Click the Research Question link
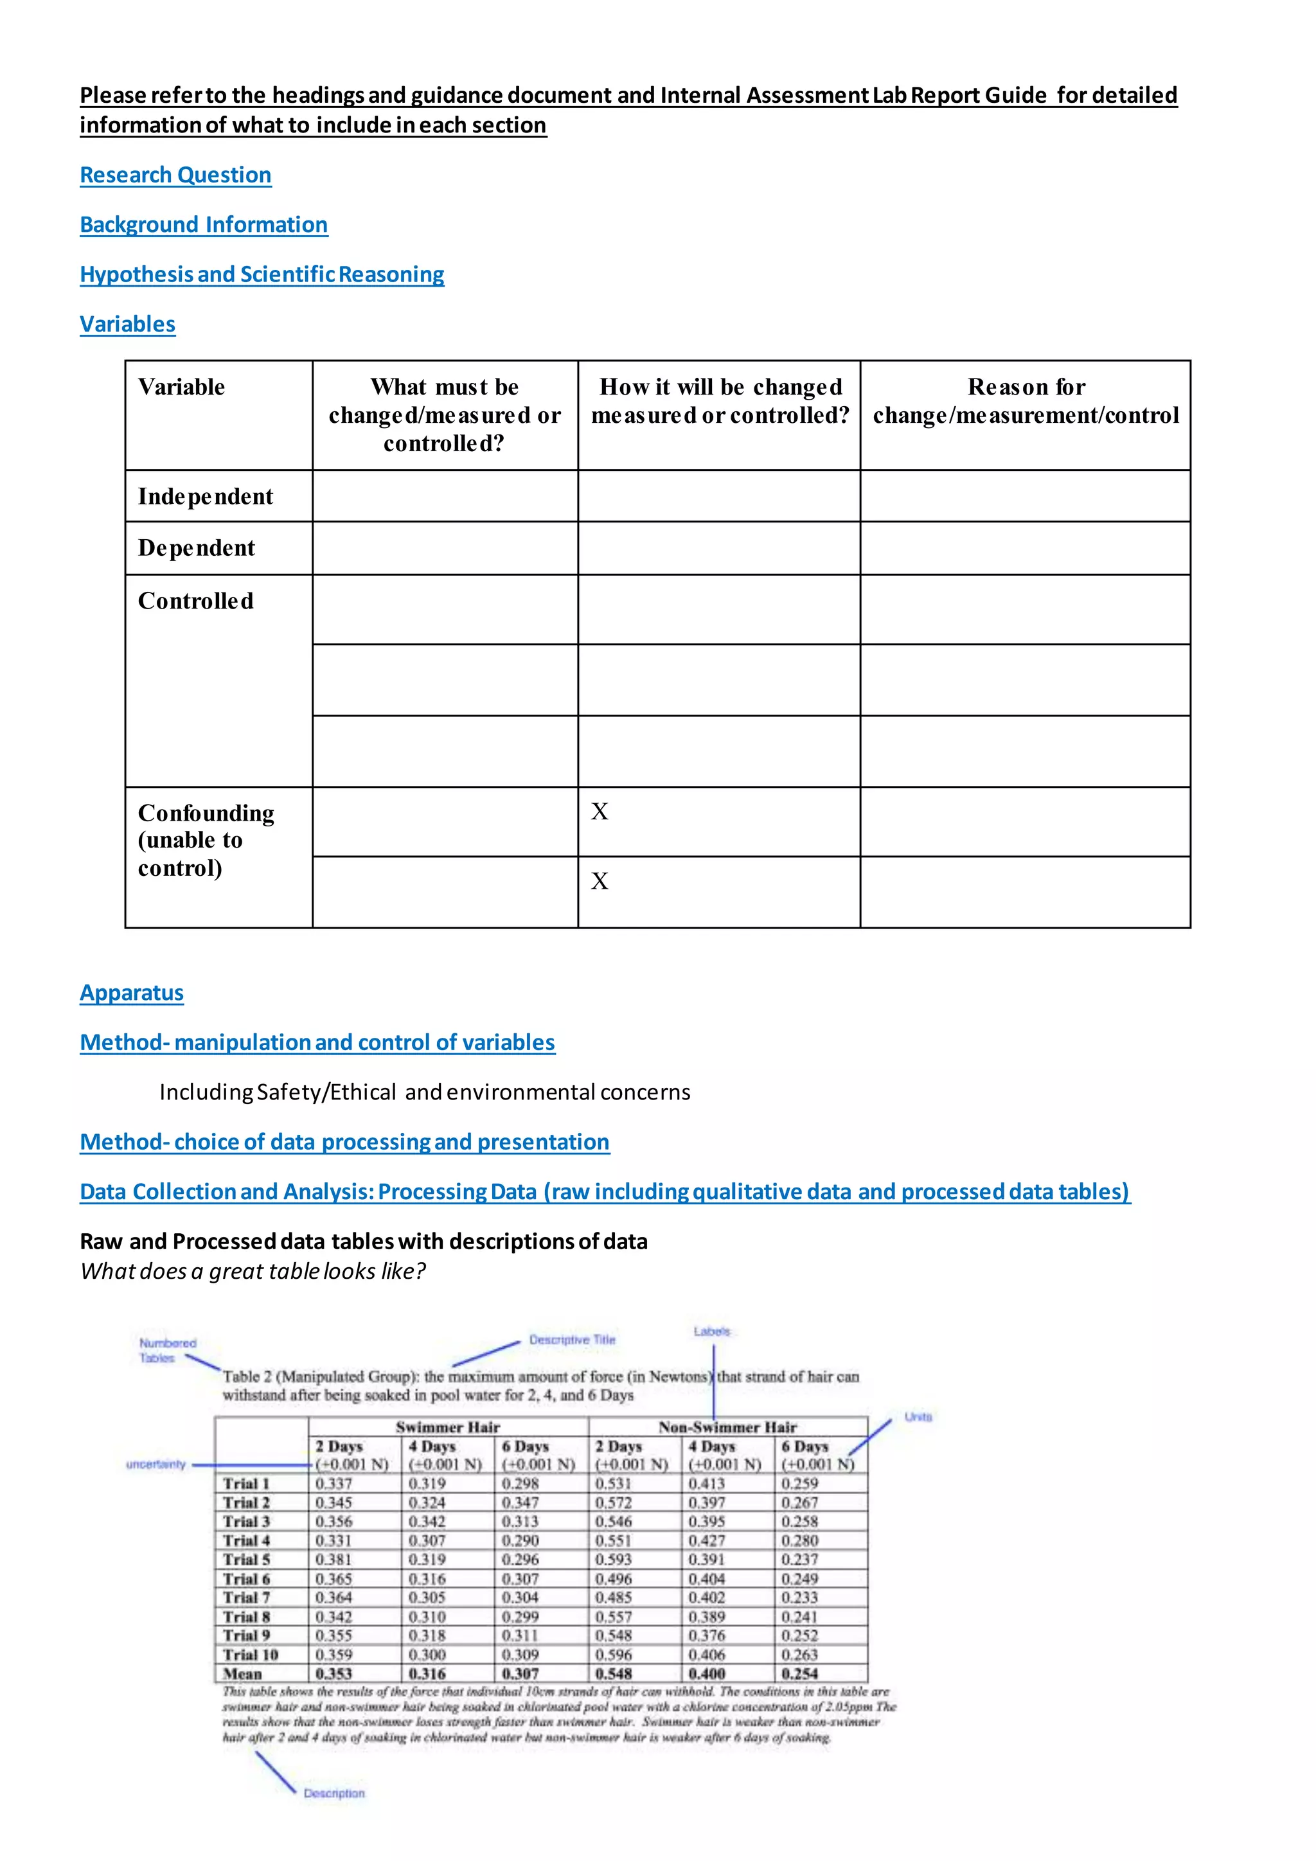click(175, 175)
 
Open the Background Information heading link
click(204, 224)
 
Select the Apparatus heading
click(131, 993)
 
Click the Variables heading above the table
click(127, 325)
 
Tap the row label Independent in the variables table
click(205, 496)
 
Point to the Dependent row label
click(196, 548)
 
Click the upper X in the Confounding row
click(600, 812)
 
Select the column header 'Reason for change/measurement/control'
click(1025, 401)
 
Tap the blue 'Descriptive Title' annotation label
click(572, 1340)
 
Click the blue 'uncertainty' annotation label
click(156, 1464)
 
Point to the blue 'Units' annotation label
click(918, 1417)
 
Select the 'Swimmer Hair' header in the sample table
click(447, 1427)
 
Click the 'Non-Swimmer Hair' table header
click(727, 1427)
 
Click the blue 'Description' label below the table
click(334, 1793)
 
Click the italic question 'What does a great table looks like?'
click(253, 1271)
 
